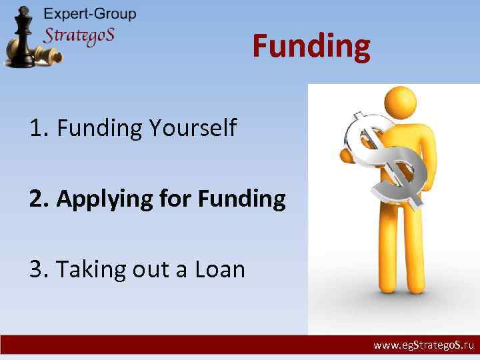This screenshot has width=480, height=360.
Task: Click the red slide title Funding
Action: [x=311, y=47]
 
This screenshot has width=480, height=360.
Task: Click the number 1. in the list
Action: [x=39, y=127]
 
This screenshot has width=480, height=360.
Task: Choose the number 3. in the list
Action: [x=39, y=269]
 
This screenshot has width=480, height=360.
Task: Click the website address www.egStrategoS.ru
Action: [x=423, y=346]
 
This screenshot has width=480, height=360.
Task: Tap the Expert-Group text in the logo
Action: [x=90, y=14]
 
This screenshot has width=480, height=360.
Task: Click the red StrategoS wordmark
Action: [x=79, y=35]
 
